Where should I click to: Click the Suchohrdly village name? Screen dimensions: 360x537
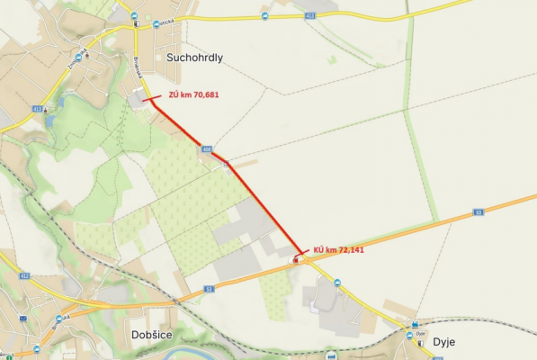tap(194, 57)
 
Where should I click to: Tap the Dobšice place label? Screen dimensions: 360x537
tap(139, 334)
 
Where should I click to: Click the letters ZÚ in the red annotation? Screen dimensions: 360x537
tap(175, 94)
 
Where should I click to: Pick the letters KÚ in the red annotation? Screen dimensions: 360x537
tap(319, 248)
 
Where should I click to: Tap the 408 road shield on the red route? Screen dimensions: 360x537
tap(207, 150)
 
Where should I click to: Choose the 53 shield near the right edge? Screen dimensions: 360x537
tap(479, 212)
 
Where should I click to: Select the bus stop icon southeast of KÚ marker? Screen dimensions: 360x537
tap(337, 283)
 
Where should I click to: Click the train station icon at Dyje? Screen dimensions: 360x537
tap(415, 325)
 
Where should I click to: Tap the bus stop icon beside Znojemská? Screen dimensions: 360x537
tap(78, 57)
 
